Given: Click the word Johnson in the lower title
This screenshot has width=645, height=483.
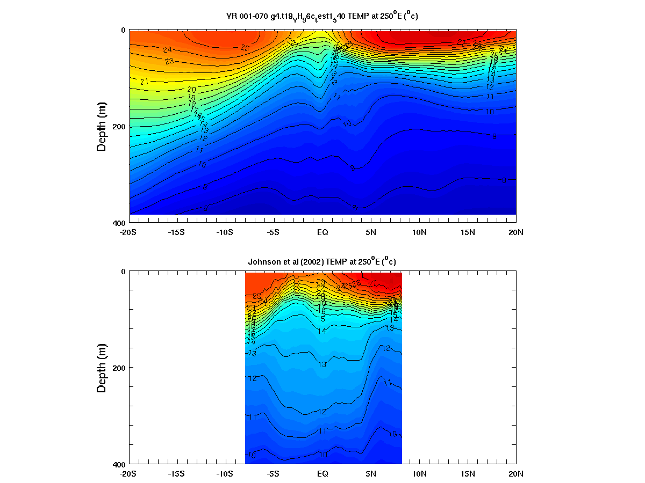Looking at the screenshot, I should (x=264, y=262).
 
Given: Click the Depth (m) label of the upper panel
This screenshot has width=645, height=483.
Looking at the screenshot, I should (x=102, y=126).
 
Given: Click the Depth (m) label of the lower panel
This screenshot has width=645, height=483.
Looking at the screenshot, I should (x=102, y=368).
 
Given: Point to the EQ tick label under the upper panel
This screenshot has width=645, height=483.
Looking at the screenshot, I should (x=322, y=232).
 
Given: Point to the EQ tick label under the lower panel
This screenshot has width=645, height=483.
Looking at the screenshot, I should (x=322, y=474).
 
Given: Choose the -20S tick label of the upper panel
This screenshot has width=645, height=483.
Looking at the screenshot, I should (x=127, y=232).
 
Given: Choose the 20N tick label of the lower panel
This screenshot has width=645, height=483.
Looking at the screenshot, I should (x=516, y=474).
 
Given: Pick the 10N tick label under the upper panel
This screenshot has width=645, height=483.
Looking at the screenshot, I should (x=419, y=232).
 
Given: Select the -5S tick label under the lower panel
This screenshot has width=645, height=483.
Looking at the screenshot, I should (x=273, y=474).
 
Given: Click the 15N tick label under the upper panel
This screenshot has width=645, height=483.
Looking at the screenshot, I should (x=468, y=232).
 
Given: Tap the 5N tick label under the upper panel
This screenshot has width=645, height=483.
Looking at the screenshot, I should (x=371, y=232).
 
